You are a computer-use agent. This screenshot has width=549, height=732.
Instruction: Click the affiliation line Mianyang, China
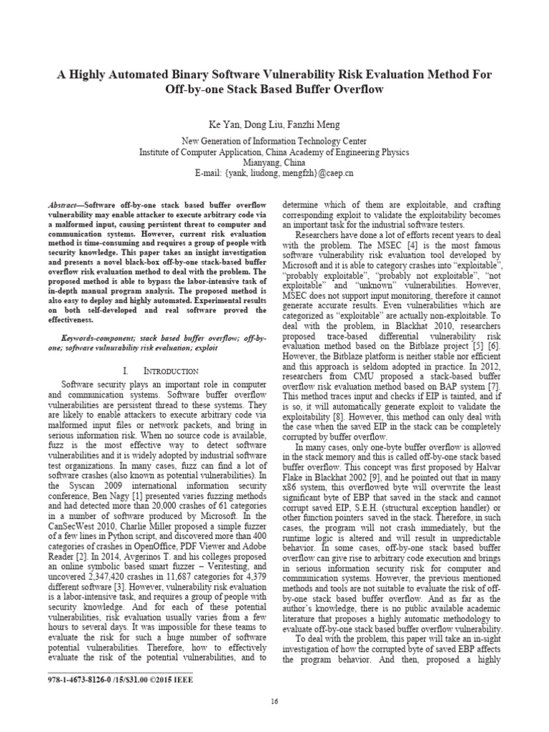tap(274, 162)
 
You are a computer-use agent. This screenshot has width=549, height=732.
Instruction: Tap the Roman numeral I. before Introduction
tap(127, 371)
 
